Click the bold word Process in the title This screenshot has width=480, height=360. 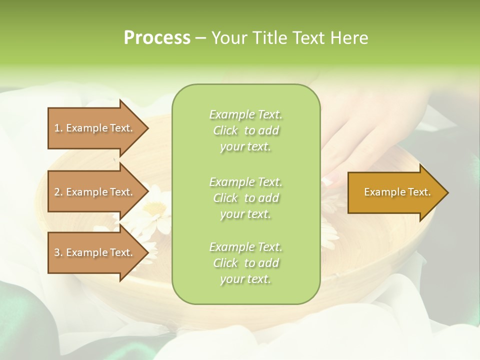pos(157,38)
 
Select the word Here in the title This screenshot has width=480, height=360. pos(348,38)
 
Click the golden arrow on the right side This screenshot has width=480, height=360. pos(395,192)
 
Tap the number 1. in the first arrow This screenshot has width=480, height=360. pos(58,128)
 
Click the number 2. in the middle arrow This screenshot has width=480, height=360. pos(58,192)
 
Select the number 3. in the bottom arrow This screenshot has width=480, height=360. pos(58,252)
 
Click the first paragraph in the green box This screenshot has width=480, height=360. pos(245,130)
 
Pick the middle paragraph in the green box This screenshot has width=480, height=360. pos(245,198)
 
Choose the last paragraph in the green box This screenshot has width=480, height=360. pos(245,263)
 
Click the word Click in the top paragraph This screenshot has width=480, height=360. pos(225,130)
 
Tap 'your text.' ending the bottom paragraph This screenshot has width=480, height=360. pos(245,279)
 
